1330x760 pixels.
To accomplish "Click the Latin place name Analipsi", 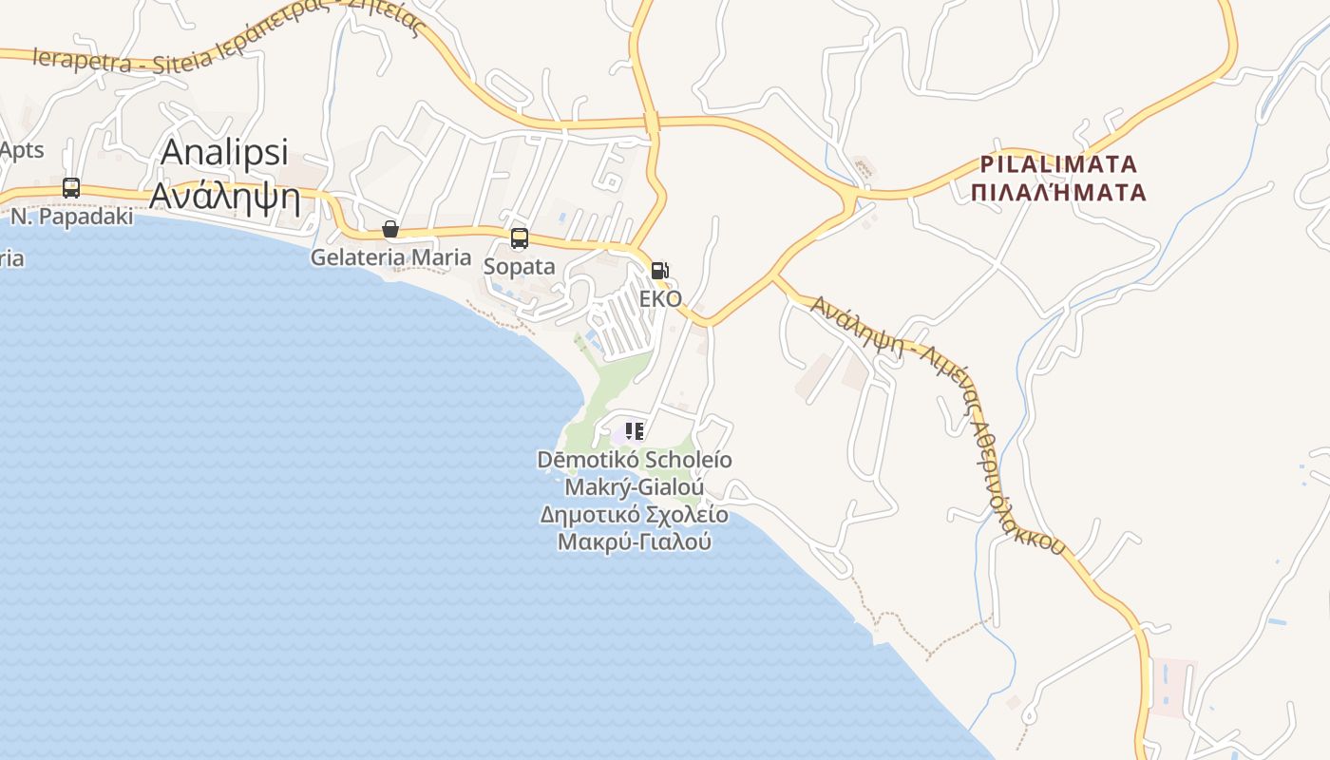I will (224, 153).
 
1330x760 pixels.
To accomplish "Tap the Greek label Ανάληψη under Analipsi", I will (225, 197).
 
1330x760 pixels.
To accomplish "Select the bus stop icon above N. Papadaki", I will (71, 188).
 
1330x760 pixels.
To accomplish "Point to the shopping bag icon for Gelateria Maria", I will (389, 229).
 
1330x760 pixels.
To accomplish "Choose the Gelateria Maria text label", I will (390, 256).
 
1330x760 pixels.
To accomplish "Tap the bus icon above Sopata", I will (519, 238).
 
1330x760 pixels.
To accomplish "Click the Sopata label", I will (519, 266).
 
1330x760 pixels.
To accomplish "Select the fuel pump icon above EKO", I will (659, 270).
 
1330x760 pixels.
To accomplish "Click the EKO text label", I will (660, 298).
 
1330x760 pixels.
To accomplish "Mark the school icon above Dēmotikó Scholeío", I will (635, 431).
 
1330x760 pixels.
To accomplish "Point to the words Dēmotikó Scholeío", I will (635, 460).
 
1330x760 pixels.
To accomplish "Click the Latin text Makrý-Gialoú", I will (635, 487).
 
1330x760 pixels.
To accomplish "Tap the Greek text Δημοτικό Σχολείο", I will (635, 515).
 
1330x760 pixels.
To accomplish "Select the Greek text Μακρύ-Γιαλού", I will (635, 542).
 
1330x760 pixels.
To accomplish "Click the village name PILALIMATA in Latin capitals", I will (1058, 163).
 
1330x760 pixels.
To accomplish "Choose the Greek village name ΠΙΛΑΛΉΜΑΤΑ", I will (1058, 193).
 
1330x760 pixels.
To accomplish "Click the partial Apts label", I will (21, 150).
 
